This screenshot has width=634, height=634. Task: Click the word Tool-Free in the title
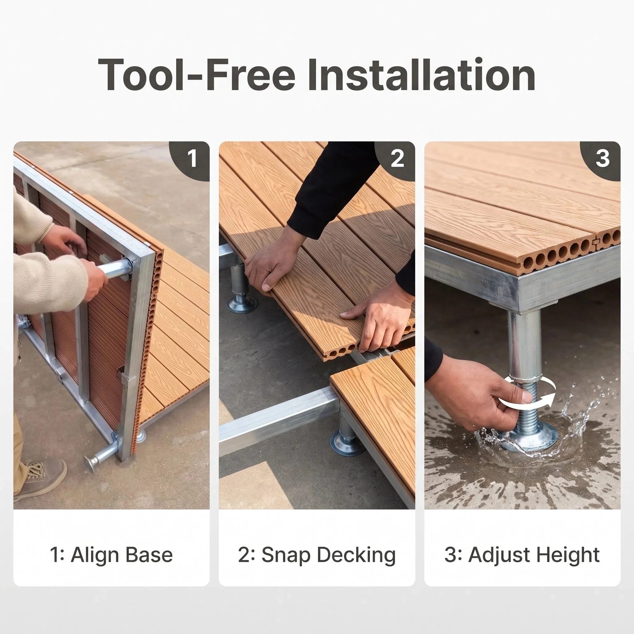coord(196,75)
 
